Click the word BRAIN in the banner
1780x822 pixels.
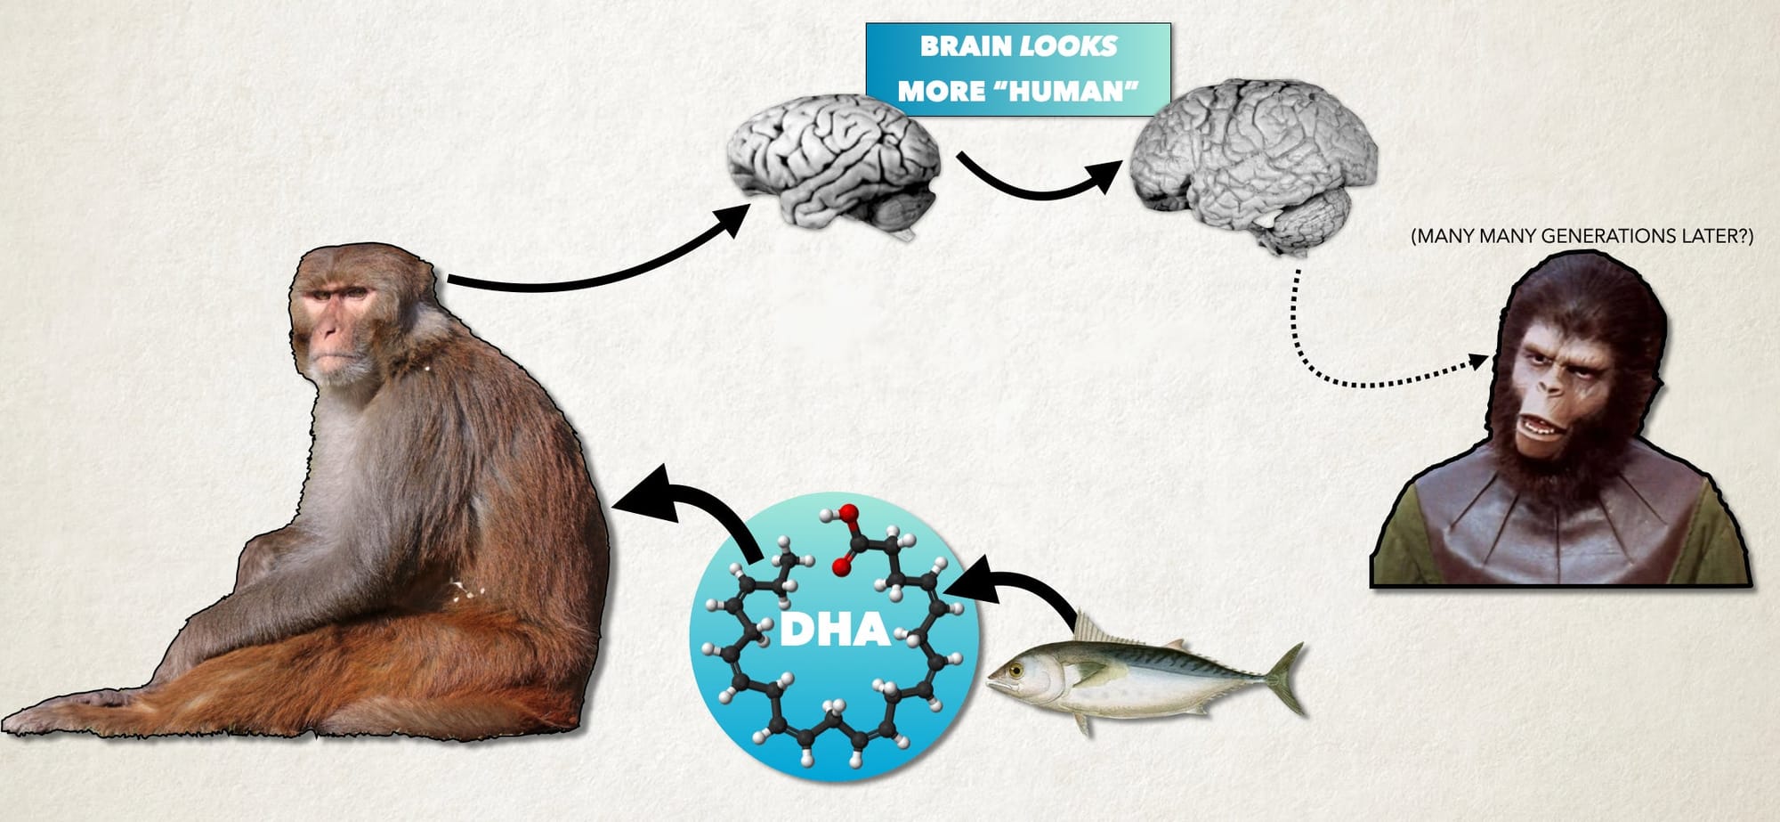point(967,46)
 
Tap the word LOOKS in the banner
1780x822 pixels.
point(1068,46)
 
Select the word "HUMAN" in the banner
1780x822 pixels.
point(1065,91)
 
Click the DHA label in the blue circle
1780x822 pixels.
point(835,629)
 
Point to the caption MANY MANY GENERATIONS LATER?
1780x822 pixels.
point(1582,236)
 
